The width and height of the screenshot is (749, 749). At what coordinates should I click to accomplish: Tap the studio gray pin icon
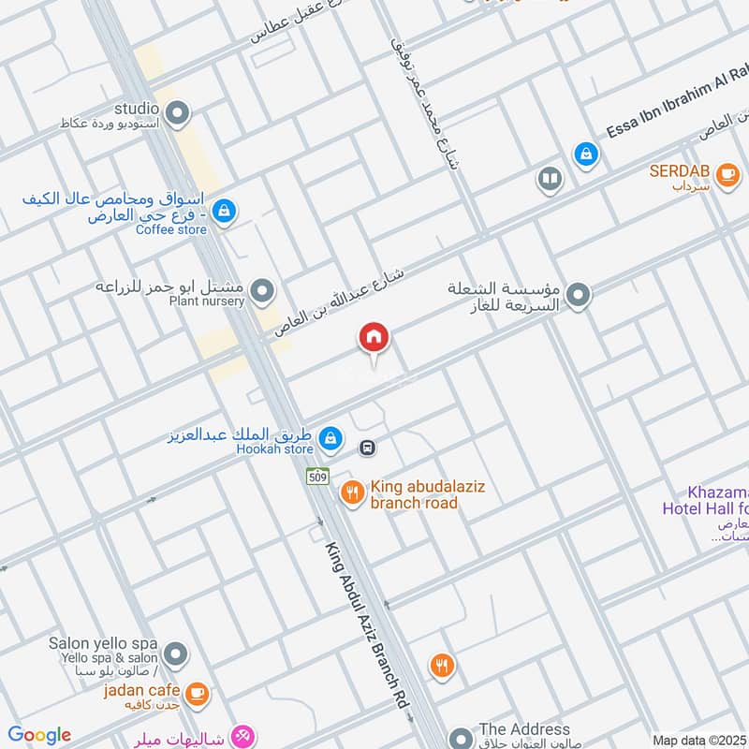(178, 114)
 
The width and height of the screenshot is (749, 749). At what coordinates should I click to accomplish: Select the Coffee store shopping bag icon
(223, 212)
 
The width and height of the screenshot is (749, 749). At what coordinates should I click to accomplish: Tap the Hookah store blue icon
(330, 437)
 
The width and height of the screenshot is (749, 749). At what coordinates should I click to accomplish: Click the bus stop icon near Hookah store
(369, 448)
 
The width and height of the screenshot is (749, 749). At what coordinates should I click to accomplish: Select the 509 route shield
(316, 476)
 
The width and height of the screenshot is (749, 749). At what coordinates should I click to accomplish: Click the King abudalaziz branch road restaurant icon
(352, 492)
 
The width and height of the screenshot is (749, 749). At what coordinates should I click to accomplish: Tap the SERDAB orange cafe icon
(727, 173)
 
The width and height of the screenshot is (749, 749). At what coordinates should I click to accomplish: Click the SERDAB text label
(682, 172)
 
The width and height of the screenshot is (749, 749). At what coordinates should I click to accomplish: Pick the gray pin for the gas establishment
(579, 296)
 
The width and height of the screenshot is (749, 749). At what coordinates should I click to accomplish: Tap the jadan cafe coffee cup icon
(197, 693)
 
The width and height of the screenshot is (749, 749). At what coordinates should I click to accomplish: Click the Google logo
(39, 735)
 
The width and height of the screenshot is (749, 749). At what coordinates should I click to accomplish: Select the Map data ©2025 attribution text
(699, 740)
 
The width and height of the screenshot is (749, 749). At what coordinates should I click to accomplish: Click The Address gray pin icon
(460, 737)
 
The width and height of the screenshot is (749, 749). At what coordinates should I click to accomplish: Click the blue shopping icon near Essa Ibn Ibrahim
(586, 153)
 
